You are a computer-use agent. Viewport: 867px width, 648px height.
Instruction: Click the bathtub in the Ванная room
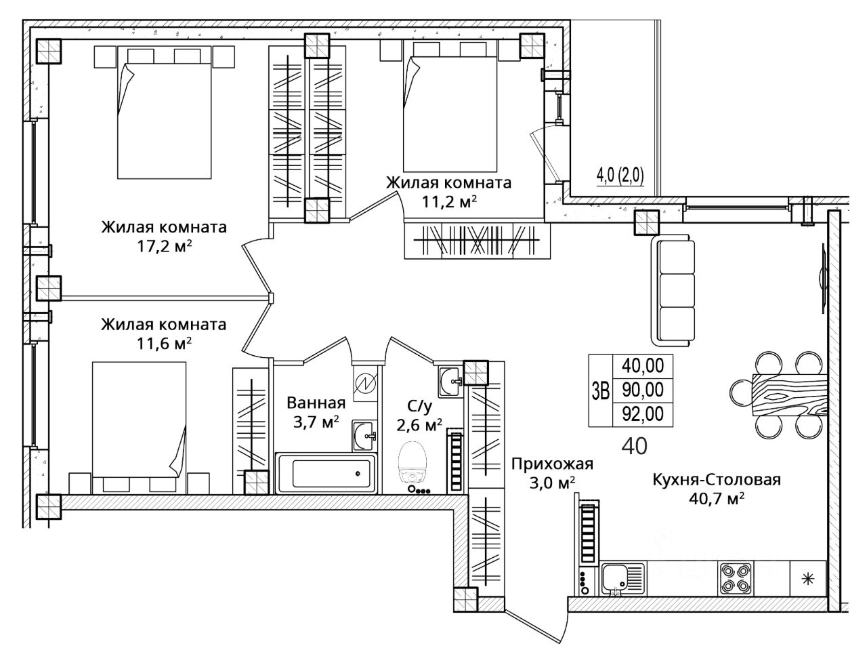coord(326,473)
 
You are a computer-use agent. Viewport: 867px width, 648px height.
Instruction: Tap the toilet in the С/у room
coord(413,463)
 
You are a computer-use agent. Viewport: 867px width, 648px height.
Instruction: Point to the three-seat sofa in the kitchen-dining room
coord(673,290)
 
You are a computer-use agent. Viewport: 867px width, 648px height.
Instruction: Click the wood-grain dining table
coord(790,394)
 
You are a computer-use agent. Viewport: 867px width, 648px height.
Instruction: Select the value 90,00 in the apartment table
coord(643,390)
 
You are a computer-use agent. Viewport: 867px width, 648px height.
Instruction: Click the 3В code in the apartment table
coord(600,390)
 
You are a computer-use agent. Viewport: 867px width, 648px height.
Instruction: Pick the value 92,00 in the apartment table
coord(643,414)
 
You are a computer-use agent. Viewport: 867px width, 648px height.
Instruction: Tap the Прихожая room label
coord(552,464)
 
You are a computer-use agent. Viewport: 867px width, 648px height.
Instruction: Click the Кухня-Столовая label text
coord(717,480)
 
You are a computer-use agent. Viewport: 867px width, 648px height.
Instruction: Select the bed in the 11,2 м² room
coord(450,106)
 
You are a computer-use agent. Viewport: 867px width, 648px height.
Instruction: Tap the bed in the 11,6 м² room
coord(139,427)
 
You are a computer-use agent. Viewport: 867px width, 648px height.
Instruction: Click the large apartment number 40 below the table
coord(635,446)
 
